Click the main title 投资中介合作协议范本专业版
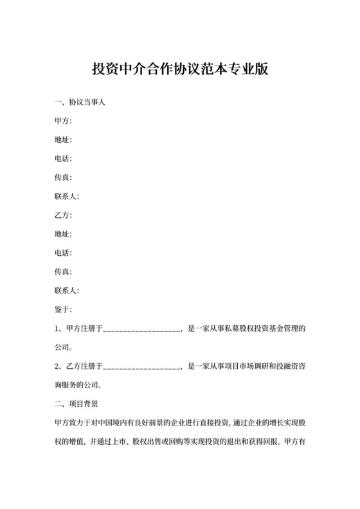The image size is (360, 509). [x=179, y=69]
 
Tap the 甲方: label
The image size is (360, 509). [x=64, y=121]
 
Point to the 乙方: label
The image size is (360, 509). [x=64, y=215]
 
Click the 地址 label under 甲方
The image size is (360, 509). [x=64, y=139]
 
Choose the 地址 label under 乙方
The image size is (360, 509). [x=64, y=234]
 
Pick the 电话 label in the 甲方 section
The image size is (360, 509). [x=64, y=158]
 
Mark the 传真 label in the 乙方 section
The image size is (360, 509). [x=64, y=272]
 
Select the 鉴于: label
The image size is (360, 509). [x=64, y=310]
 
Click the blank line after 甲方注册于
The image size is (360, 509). [x=142, y=329]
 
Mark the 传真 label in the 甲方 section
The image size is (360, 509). [x=64, y=177]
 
